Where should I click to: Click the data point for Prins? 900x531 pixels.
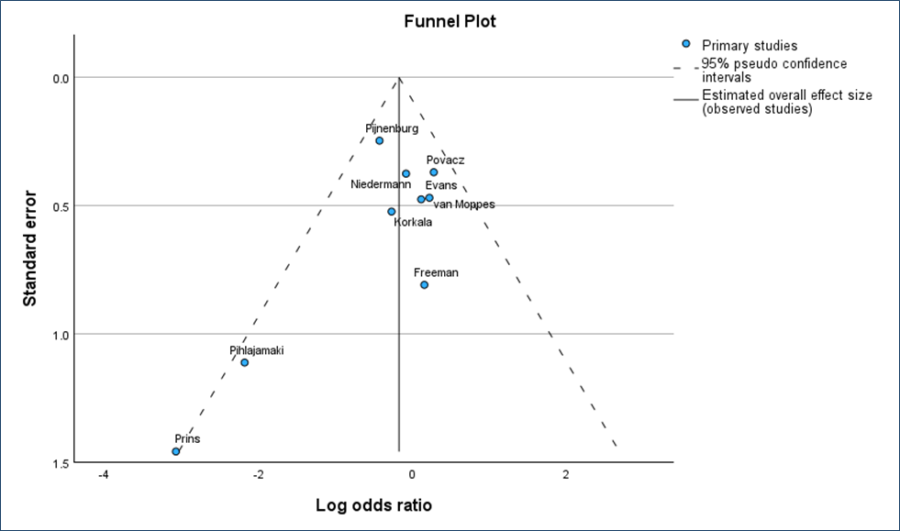(x=176, y=451)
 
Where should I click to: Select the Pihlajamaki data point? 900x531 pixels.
(x=245, y=362)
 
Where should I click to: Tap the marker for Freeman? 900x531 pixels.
(x=425, y=284)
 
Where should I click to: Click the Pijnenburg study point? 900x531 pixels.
(x=379, y=140)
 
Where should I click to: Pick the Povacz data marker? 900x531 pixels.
(x=434, y=172)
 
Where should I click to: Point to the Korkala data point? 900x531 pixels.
(x=392, y=211)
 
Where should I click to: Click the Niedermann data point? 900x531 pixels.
(x=406, y=173)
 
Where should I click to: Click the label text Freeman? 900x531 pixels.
(x=436, y=272)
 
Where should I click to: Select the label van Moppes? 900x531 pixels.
(x=463, y=205)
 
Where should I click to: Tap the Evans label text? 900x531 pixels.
(x=440, y=185)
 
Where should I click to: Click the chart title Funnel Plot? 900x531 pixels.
(x=450, y=21)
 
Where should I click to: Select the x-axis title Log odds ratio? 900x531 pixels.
(x=373, y=505)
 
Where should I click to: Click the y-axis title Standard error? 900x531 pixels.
(x=29, y=249)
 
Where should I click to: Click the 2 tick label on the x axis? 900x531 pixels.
(x=565, y=475)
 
